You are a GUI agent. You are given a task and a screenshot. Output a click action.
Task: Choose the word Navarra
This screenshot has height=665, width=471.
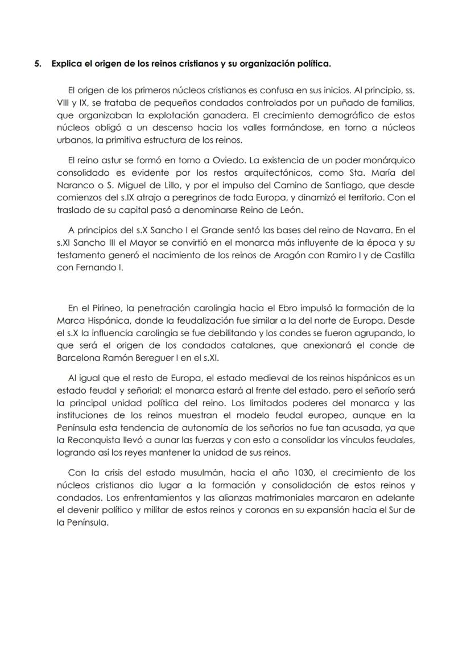click(x=381, y=230)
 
